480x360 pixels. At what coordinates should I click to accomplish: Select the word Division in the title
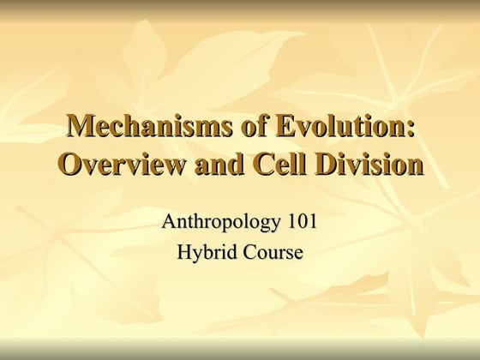[371, 163]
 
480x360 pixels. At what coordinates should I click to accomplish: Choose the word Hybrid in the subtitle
[205, 253]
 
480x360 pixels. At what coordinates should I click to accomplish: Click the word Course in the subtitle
[272, 253]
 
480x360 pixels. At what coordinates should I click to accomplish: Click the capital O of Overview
[69, 163]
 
